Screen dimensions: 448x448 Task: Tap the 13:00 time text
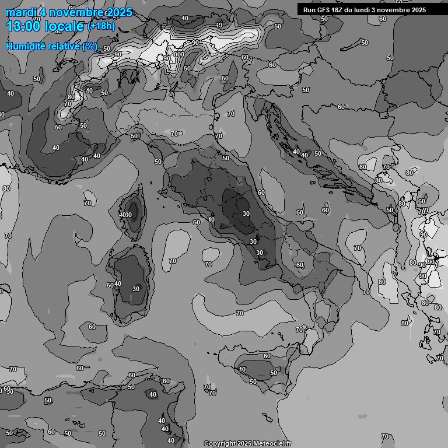[24, 26]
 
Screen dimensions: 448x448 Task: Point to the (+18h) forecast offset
[101, 26]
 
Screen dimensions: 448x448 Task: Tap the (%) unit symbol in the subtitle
[90, 46]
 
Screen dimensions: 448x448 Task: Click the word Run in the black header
[309, 10]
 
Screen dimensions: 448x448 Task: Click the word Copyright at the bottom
[219, 443]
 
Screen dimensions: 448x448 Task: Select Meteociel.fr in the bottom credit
[271, 443]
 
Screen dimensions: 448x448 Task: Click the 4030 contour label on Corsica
[125, 215]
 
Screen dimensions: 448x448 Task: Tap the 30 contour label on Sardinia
[136, 288]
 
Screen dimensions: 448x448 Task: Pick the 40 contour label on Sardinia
[118, 283]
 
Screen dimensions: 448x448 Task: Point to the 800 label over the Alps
[178, 54]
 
